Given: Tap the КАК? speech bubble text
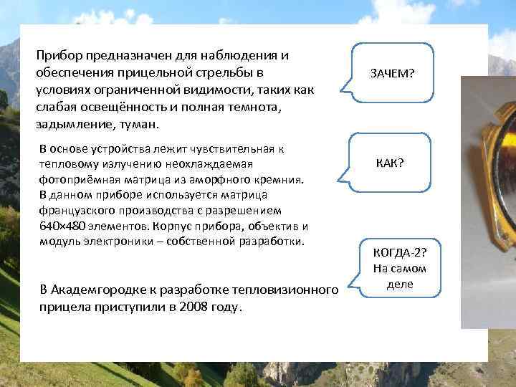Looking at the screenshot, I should [390, 163].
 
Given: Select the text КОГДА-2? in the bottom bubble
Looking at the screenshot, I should [399, 253].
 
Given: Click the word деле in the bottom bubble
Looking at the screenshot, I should [399, 284].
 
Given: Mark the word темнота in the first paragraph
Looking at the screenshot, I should [257, 107].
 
